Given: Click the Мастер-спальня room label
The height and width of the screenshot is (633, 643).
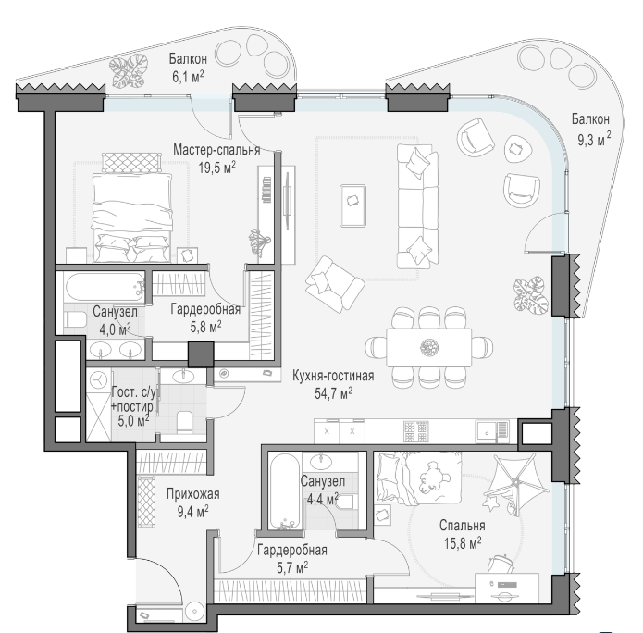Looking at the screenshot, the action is point(216,150).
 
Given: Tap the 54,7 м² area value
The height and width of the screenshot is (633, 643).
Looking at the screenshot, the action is point(333,393).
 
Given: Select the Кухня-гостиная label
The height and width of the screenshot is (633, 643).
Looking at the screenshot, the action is point(333,376).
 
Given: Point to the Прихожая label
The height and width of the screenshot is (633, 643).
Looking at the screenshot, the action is point(192,494).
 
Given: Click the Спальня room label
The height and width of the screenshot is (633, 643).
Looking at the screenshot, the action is point(463,525).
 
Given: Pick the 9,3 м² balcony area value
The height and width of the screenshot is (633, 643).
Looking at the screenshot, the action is point(594,139).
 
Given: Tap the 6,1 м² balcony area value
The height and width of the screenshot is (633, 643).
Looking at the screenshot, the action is point(188,76).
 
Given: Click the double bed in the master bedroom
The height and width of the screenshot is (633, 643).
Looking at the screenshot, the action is point(131,217).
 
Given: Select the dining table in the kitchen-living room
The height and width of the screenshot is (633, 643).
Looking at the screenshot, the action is point(428,347).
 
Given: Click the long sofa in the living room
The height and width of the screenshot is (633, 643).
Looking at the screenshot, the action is point(417,206).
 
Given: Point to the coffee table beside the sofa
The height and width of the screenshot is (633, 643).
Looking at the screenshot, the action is point(352,205).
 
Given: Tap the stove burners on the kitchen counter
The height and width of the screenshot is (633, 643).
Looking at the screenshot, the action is point(416,431).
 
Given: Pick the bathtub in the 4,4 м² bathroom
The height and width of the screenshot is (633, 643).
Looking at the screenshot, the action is point(284,491).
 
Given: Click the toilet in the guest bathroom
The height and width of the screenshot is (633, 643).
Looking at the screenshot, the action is point(184,423).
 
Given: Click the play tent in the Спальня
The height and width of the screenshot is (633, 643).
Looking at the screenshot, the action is point(516,484).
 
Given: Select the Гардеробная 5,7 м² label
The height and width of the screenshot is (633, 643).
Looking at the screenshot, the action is point(292,559).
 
